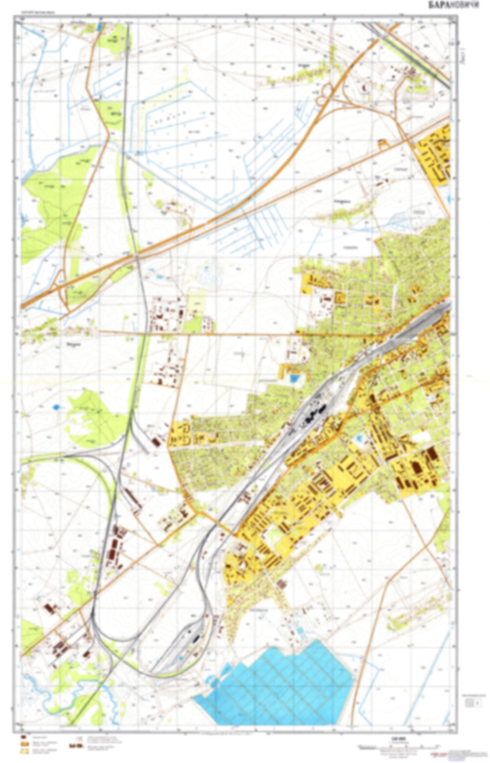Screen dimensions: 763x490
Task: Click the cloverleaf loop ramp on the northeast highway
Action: pyautogui.click(x=327, y=90)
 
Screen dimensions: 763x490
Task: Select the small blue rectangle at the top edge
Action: pyautogui.click(x=99, y=26)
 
